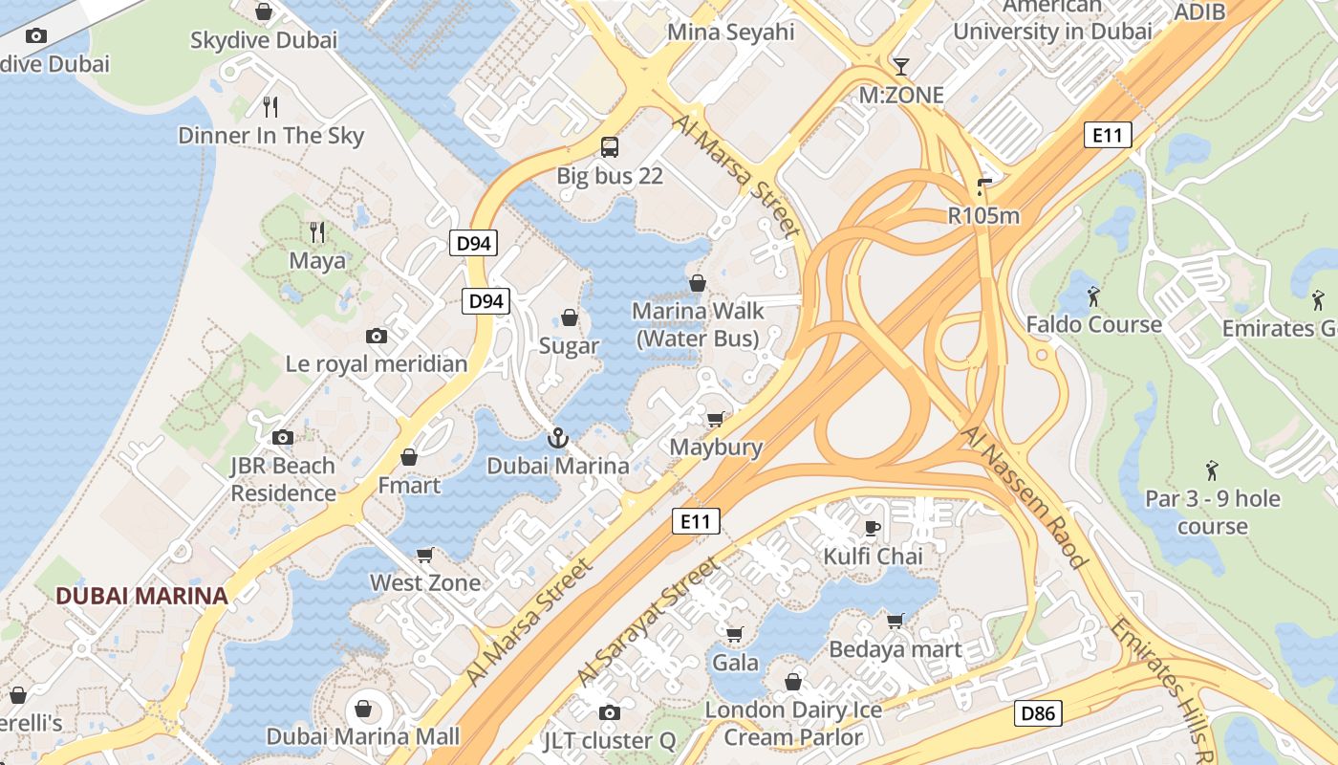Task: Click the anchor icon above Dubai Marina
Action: pyautogui.click(x=557, y=438)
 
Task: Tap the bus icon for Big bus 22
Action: pyautogui.click(x=610, y=147)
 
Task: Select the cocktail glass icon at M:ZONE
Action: pyautogui.click(x=900, y=66)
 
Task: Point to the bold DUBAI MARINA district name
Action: pyautogui.click(x=141, y=596)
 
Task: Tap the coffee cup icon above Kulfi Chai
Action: pyautogui.click(x=872, y=528)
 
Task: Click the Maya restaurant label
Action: pyautogui.click(x=317, y=260)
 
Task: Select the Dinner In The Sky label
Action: pyautogui.click(x=271, y=135)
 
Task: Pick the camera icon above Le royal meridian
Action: pyautogui.click(x=377, y=336)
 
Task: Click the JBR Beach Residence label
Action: pyautogui.click(x=283, y=479)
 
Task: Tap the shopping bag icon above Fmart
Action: pyautogui.click(x=409, y=457)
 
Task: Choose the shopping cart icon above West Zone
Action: pyautogui.click(x=425, y=555)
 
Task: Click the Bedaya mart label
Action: pyautogui.click(x=895, y=649)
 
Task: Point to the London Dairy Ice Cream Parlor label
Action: pyautogui.click(x=793, y=723)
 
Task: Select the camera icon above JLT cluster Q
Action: pyautogui.click(x=609, y=712)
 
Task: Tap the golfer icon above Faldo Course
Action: pyautogui.click(x=1094, y=296)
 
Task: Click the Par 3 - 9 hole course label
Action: pyautogui.click(x=1213, y=513)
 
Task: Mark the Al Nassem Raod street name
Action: pyautogui.click(x=1024, y=497)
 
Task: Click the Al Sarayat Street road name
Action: pyautogui.click(x=649, y=623)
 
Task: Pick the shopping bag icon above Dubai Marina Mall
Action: pyautogui.click(x=363, y=709)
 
